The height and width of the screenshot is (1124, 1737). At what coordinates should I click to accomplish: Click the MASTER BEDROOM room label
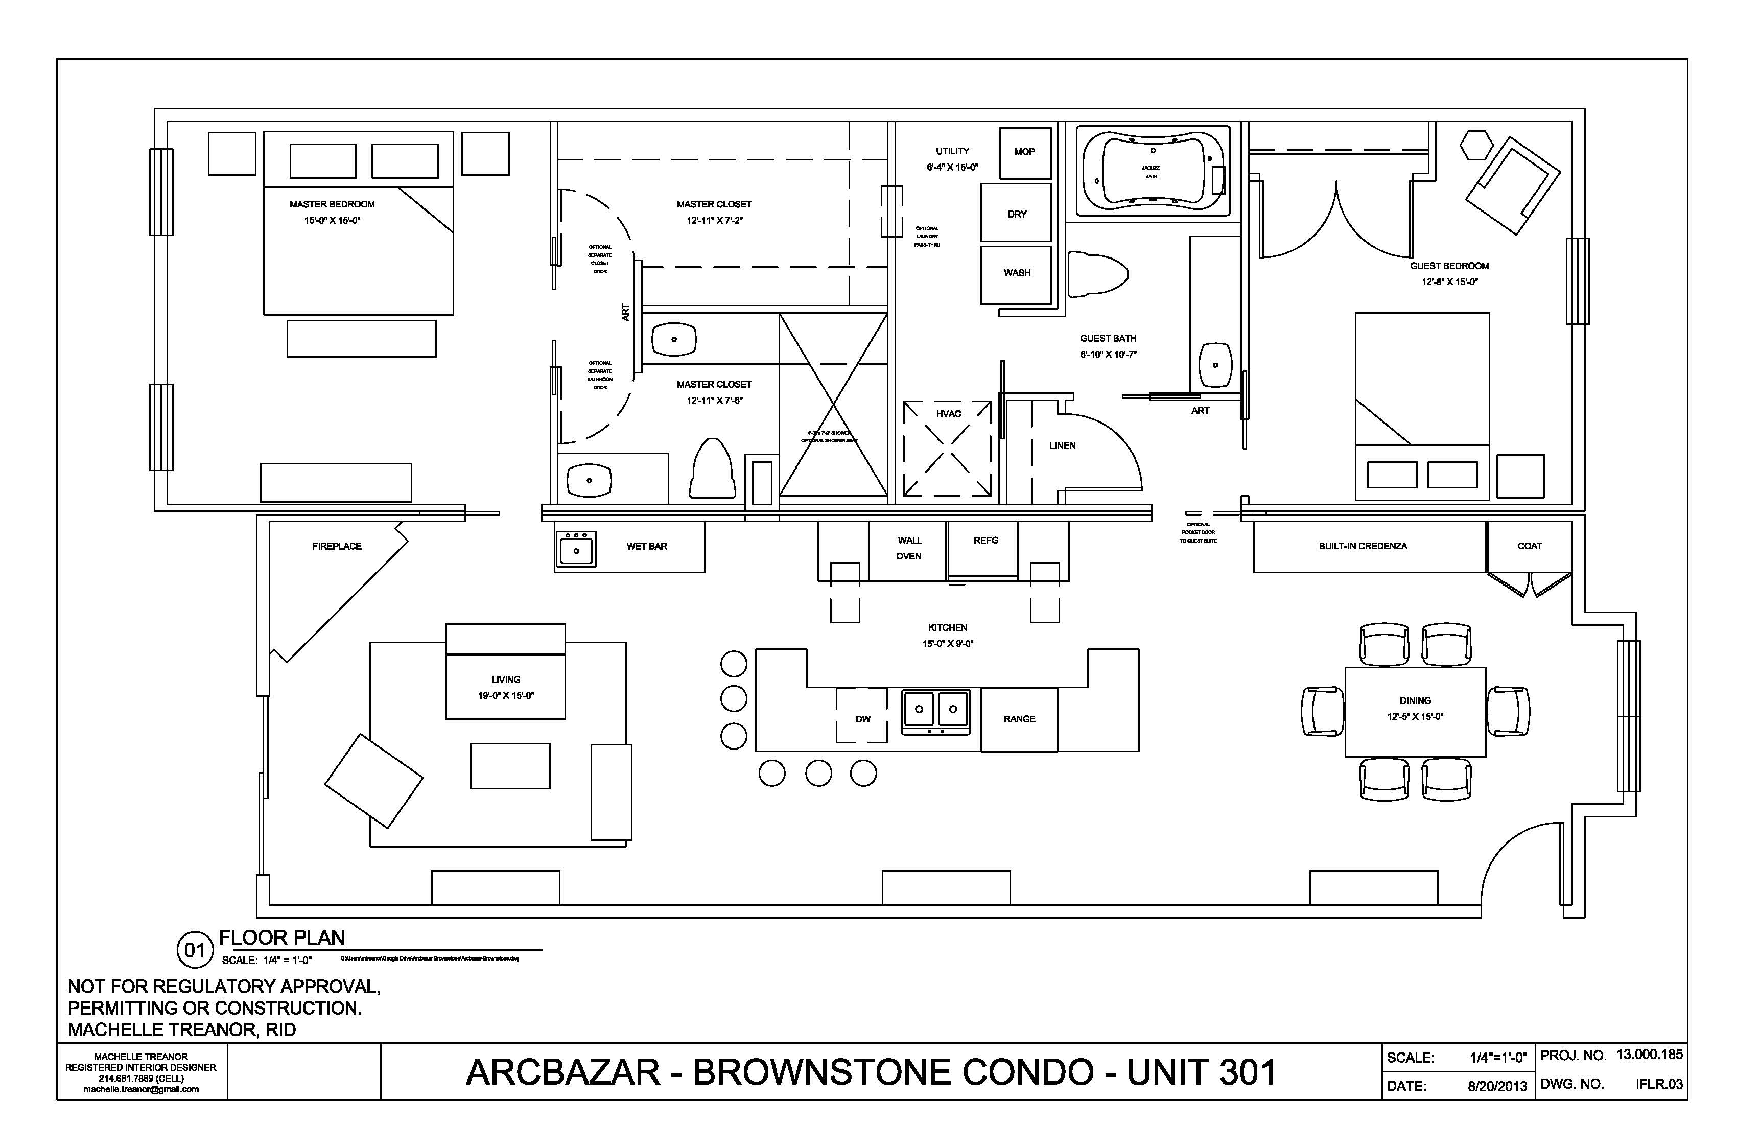click(332, 204)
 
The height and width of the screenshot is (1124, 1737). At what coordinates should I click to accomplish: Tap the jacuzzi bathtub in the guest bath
click(1153, 172)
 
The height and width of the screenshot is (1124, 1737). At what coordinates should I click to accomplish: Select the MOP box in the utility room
click(1025, 152)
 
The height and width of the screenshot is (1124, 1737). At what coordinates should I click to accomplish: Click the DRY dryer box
click(1017, 214)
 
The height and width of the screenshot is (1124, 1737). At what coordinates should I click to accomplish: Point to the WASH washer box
click(1017, 273)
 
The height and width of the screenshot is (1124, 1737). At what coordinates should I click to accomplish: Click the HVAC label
click(948, 414)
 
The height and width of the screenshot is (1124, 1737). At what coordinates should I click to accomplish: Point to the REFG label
click(985, 540)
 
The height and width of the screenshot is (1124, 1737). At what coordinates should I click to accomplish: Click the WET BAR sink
click(576, 549)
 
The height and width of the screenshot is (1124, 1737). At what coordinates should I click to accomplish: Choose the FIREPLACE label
click(337, 546)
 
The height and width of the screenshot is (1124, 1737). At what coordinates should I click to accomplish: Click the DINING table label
click(1415, 700)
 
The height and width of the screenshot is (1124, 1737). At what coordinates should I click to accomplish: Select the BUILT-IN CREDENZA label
click(1363, 546)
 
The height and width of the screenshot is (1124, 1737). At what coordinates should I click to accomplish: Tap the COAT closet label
click(1530, 546)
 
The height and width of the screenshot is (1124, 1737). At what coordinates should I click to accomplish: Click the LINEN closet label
click(1062, 445)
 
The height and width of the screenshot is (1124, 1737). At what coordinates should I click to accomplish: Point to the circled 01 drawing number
click(194, 950)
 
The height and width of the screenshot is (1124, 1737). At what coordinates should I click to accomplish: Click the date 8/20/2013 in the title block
click(1497, 1086)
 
